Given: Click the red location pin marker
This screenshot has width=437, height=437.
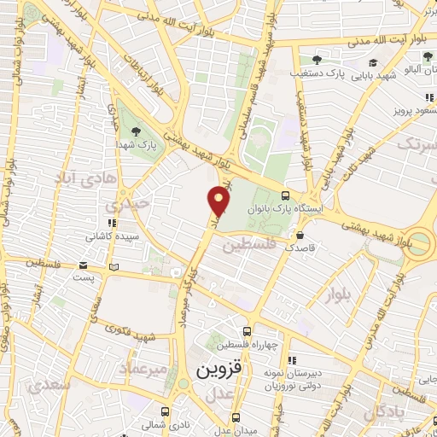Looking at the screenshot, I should [x=219, y=201].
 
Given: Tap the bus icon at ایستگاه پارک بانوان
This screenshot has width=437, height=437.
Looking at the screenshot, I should [x=296, y=195].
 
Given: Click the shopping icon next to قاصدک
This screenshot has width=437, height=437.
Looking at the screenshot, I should [x=300, y=235].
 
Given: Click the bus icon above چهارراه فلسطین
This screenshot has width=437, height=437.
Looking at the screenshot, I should [x=247, y=331].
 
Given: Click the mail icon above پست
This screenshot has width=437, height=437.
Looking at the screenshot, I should [x=83, y=265].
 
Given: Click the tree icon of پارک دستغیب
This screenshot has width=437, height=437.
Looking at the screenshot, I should [x=317, y=61].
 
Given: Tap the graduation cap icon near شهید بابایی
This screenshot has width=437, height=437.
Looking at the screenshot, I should [x=373, y=62].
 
